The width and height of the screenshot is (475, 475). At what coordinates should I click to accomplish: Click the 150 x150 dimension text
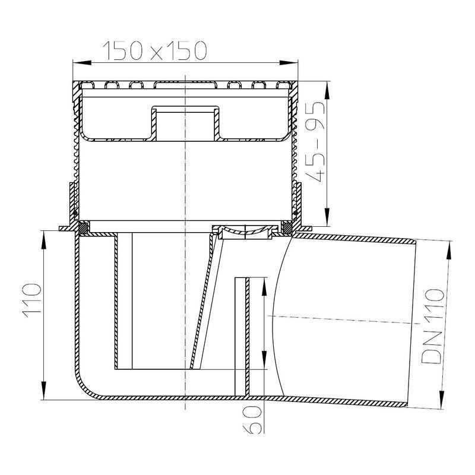tap(155, 50)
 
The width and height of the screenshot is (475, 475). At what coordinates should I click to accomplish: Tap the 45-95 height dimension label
tap(315, 141)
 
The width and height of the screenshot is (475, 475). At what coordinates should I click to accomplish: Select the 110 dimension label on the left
tap(31, 300)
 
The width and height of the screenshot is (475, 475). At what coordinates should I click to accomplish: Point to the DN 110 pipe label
tap(432, 326)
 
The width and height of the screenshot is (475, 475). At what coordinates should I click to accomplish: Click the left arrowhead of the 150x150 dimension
tap(82, 63)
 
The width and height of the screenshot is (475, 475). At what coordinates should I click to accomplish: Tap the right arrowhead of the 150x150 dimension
tap(289, 63)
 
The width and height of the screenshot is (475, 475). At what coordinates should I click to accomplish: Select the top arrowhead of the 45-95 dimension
tap(327, 90)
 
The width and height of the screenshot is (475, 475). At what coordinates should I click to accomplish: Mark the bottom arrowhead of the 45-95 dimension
tap(327, 217)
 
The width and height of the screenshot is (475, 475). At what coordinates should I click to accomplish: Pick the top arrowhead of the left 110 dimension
tap(44, 240)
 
